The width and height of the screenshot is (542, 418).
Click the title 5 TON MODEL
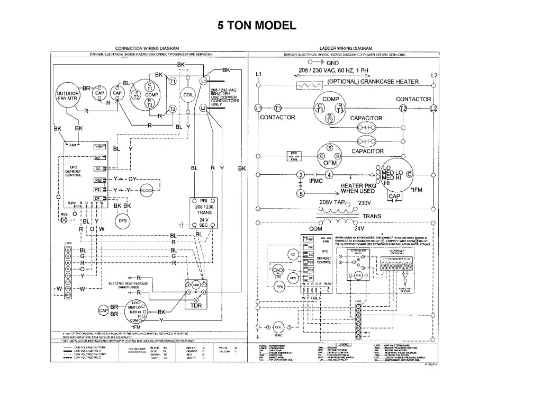coord(255,25)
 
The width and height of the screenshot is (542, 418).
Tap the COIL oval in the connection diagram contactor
coord(188,95)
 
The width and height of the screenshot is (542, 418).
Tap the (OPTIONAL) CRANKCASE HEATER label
coord(373,82)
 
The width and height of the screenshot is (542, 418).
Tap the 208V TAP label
coord(331,202)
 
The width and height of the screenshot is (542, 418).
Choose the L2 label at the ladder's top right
coord(434,75)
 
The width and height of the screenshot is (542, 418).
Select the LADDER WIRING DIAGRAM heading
coord(346,48)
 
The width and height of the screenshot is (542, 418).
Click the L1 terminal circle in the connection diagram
coord(203,81)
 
